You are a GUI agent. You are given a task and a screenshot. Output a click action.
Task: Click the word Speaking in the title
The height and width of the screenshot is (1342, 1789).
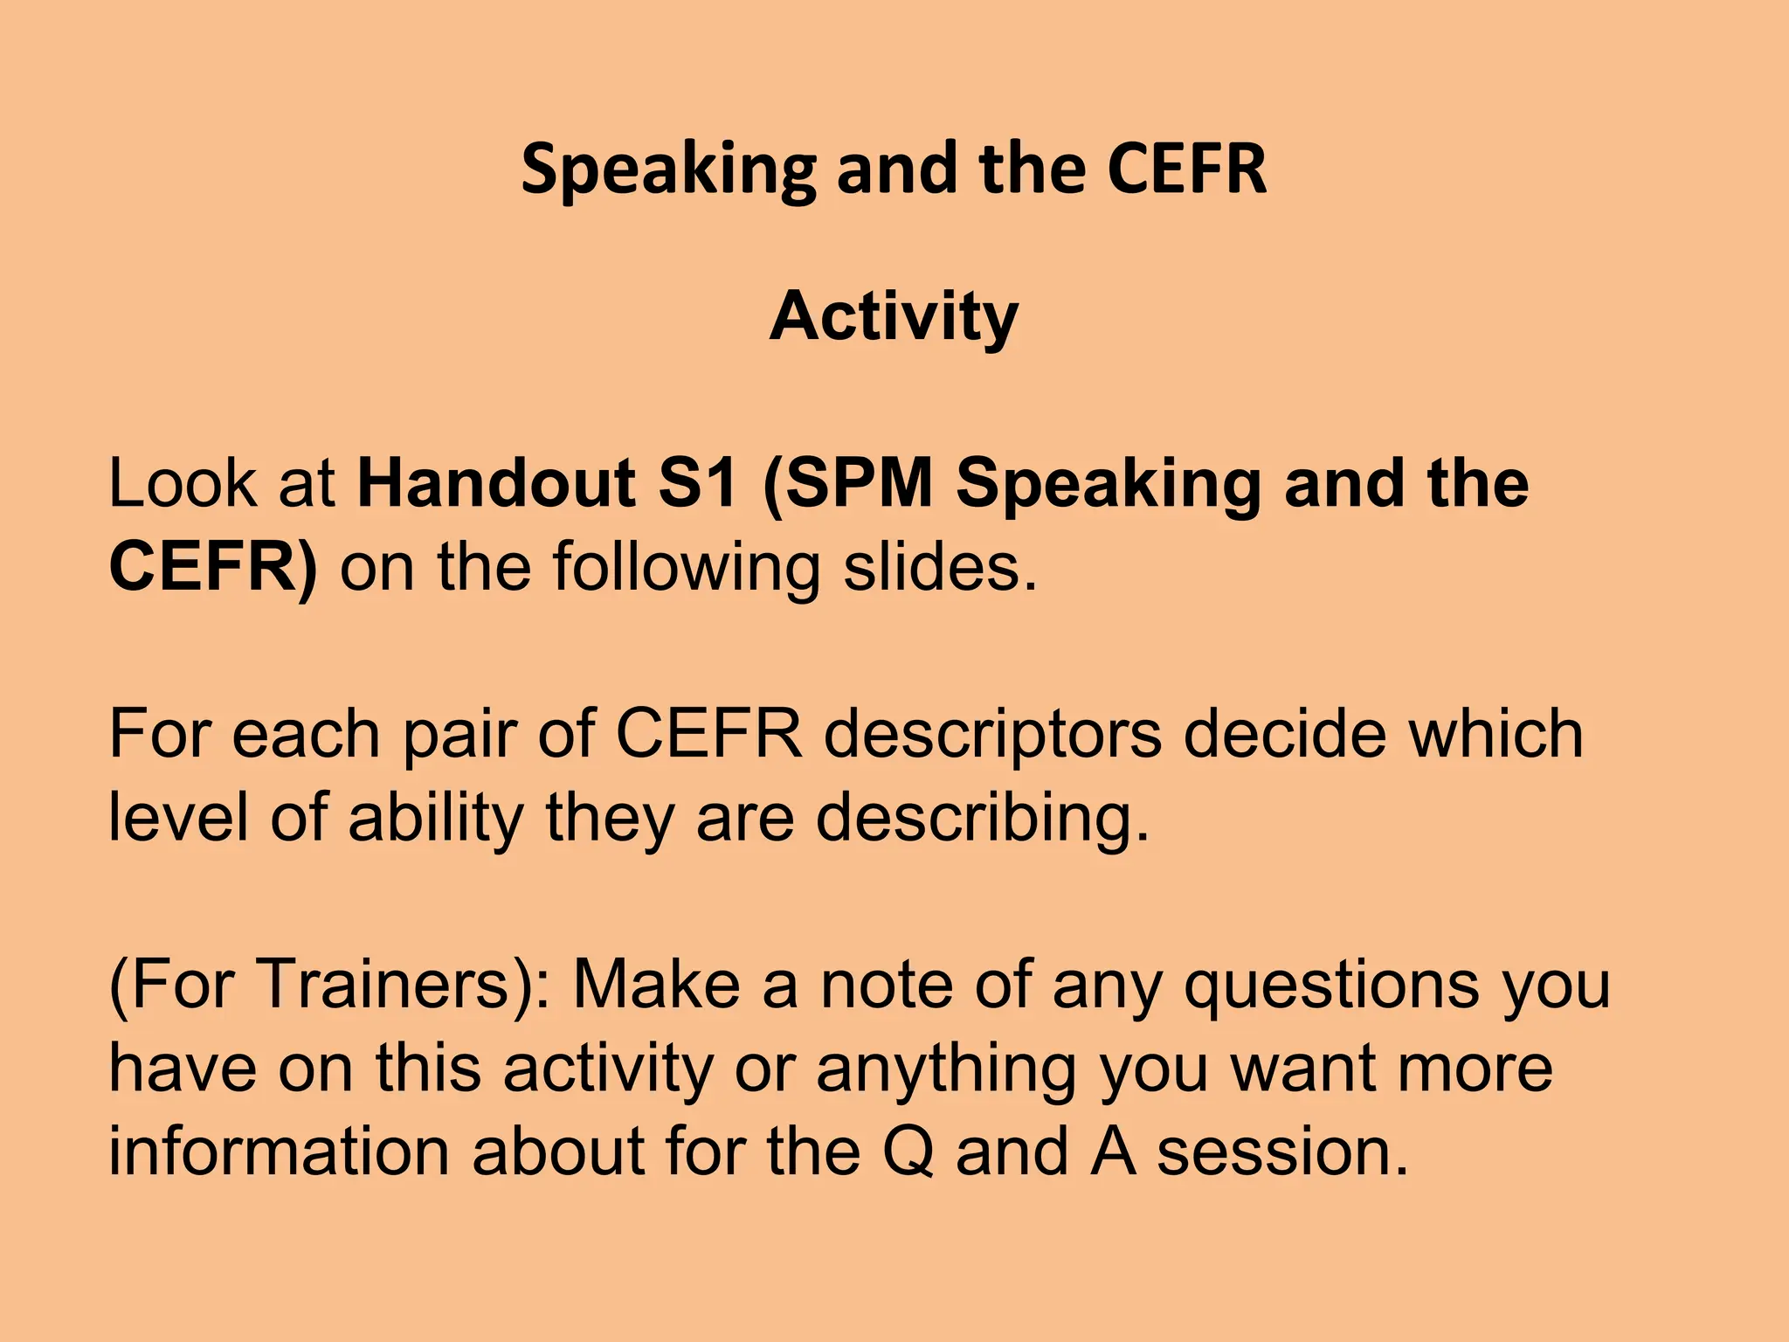pos(669,169)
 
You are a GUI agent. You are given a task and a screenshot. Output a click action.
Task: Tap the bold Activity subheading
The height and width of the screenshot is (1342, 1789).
pos(894,316)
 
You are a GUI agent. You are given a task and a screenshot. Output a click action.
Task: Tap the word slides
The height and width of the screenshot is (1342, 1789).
pos(940,568)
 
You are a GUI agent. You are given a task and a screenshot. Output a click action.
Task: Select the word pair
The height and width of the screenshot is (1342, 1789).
pos(459,734)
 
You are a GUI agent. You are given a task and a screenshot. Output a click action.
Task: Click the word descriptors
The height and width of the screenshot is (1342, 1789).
pos(993,734)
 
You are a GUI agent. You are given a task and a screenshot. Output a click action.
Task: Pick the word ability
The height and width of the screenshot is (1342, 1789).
pos(436,818)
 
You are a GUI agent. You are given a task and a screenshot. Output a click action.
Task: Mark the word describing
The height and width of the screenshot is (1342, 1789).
pos(983,818)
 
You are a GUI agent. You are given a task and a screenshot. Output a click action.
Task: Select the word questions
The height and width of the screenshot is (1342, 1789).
pos(1331,984)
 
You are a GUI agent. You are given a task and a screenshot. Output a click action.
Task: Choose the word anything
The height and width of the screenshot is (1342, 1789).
pos(946,1068)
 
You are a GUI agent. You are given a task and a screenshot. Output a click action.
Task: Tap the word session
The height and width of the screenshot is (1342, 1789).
pos(1282,1152)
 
